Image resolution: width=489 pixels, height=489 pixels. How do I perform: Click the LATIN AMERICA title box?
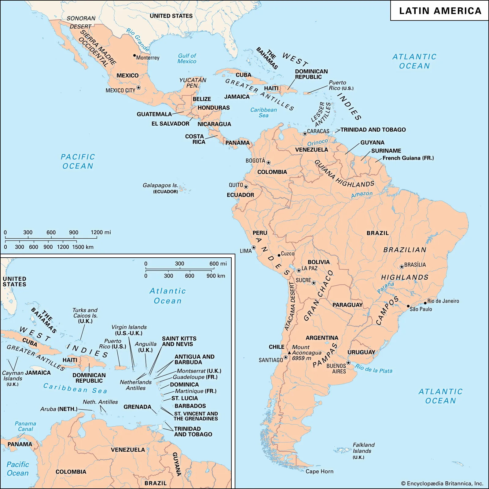coord(439,11)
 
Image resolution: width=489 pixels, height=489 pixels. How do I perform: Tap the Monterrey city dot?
coord(134,56)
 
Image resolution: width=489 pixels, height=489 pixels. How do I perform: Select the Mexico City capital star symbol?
coord(138,88)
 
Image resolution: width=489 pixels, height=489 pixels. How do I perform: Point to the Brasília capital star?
coord(402,267)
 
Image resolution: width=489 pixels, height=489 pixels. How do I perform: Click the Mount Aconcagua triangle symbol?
coord(289,353)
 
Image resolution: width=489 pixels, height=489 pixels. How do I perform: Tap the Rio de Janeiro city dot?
coord(425,303)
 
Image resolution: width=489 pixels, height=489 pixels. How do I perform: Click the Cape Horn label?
coord(319,471)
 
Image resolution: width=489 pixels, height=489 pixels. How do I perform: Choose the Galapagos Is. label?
coord(160,185)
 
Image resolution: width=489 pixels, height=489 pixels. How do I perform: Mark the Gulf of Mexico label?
coord(187,58)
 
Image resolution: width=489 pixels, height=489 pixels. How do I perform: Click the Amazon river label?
coord(362,194)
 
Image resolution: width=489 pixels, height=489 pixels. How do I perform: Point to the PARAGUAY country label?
coord(347,305)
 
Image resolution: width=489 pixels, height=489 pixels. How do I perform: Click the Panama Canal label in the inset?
coord(25,426)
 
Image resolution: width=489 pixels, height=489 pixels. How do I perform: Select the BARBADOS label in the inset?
coord(190,406)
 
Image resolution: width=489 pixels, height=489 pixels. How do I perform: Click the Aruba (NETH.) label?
coord(59,409)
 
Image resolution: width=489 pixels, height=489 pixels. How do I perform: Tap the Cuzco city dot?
coord(279,255)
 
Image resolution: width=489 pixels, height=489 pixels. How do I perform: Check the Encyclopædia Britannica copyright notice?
coord(442,483)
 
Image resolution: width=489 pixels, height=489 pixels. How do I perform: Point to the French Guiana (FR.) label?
coord(408,158)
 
